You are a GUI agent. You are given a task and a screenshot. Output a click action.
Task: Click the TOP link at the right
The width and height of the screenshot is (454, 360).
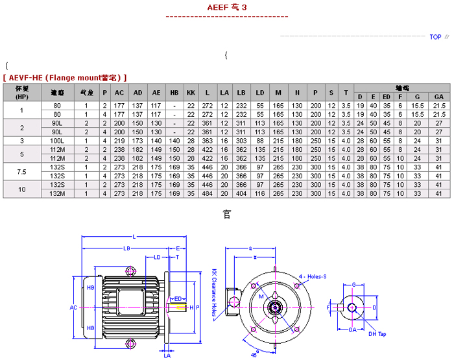point(435,37)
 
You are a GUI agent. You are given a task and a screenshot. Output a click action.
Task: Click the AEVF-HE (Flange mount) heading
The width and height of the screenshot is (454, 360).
point(65,77)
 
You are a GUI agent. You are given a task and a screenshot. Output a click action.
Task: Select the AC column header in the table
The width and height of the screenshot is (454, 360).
point(119,93)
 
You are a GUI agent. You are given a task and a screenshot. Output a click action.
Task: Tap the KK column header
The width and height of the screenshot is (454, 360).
point(191,93)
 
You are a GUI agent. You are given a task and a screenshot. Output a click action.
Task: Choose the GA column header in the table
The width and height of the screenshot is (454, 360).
point(438,97)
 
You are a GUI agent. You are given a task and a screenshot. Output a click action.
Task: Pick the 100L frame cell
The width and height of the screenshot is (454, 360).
point(57,140)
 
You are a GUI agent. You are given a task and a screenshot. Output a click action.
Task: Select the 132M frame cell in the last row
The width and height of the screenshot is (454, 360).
point(57,193)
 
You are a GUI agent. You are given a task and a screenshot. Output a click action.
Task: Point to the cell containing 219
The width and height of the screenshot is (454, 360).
point(119,140)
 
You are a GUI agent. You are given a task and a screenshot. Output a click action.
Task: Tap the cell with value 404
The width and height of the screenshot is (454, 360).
point(241,193)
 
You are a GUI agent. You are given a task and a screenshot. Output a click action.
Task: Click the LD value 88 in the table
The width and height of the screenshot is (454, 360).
point(259,140)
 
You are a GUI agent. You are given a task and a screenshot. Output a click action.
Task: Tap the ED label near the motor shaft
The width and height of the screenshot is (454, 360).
point(176,298)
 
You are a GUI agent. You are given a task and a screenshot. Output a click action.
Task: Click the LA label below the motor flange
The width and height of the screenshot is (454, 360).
point(167,355)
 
